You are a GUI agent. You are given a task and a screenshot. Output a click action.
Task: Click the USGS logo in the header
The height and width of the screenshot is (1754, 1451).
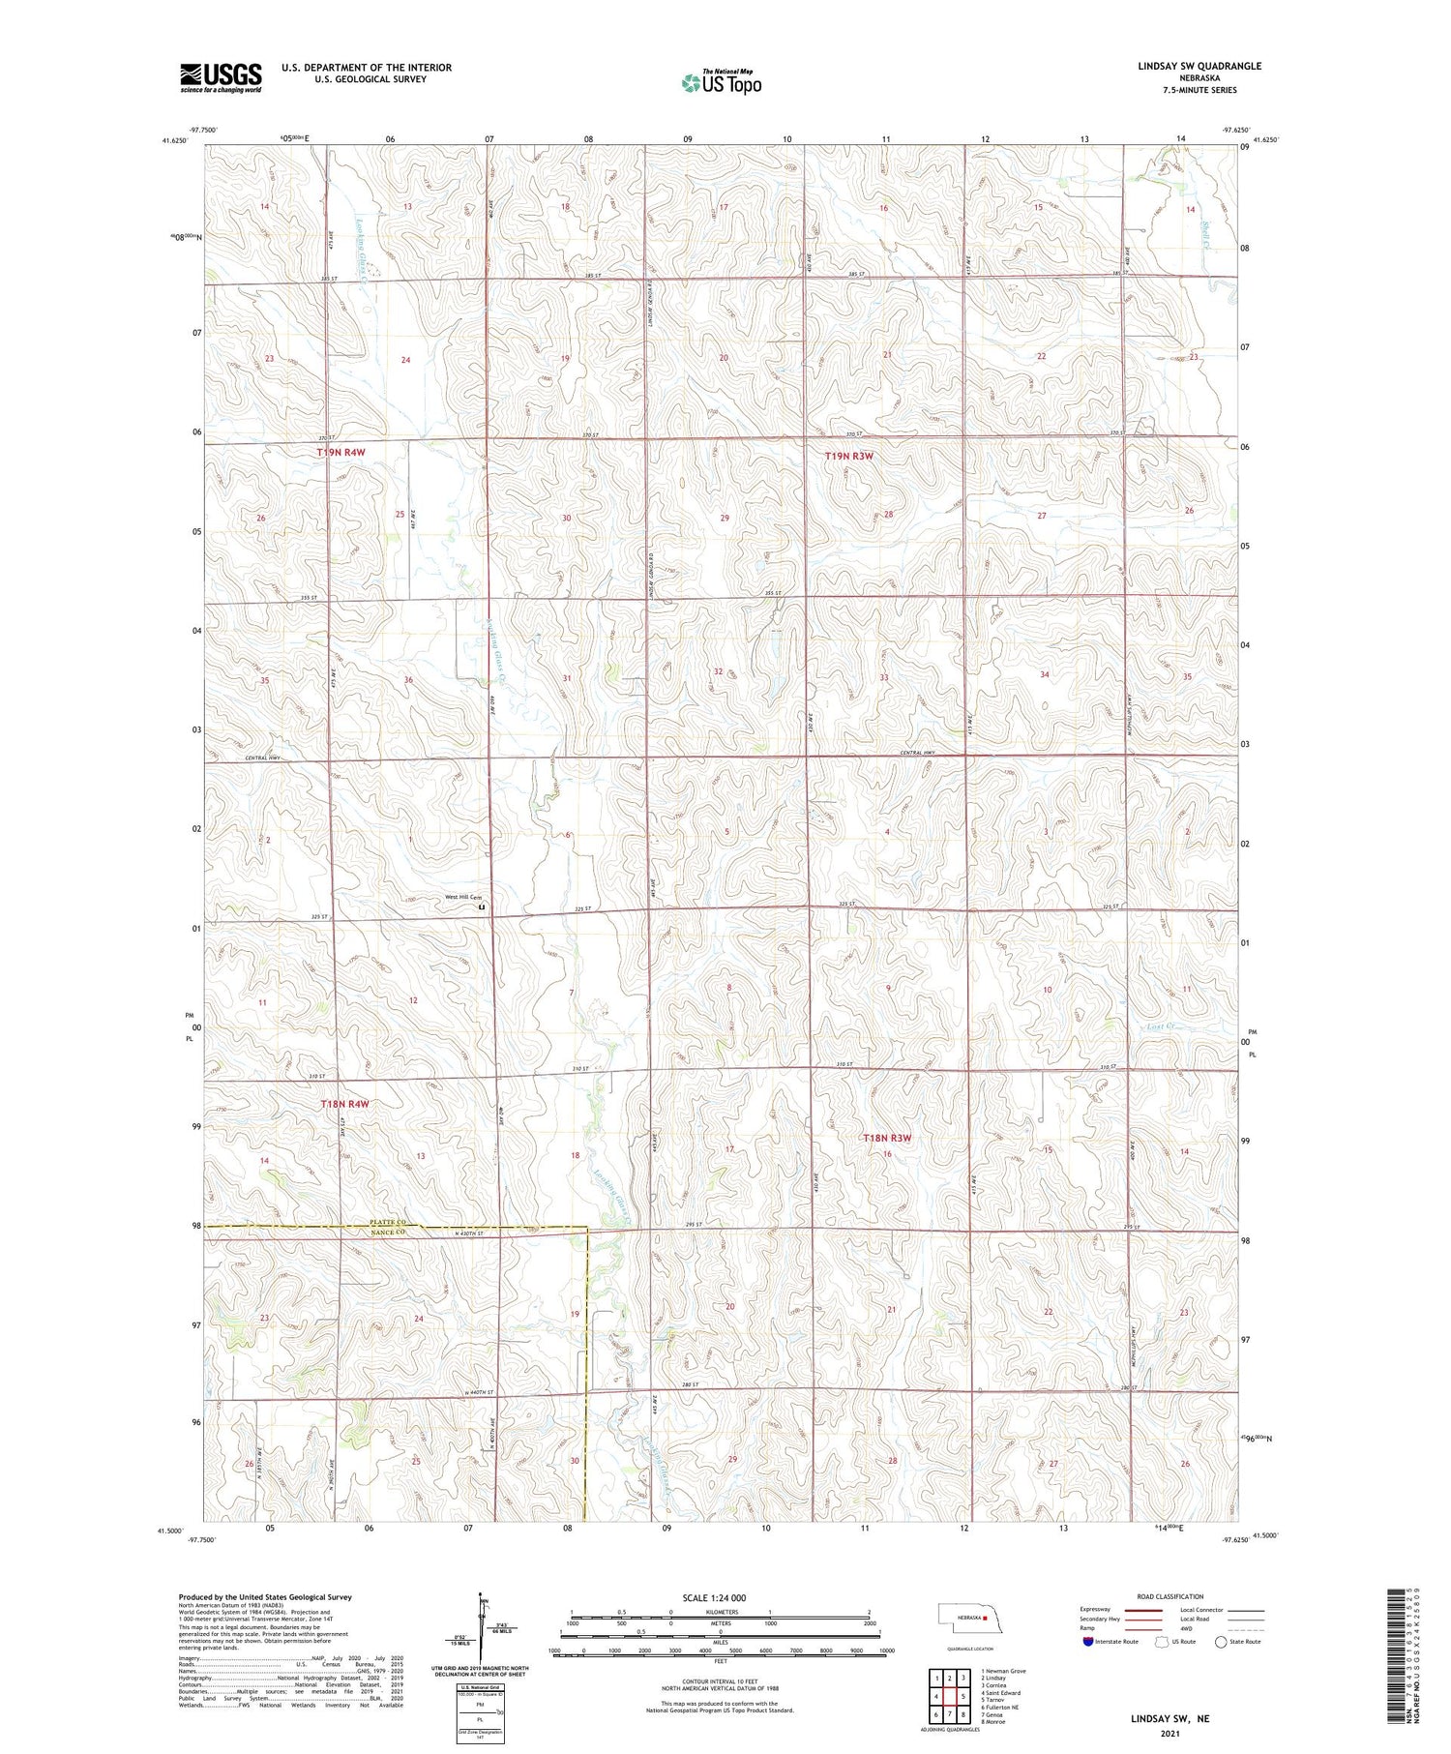221,77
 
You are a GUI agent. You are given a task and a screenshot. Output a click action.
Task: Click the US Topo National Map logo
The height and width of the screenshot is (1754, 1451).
721,82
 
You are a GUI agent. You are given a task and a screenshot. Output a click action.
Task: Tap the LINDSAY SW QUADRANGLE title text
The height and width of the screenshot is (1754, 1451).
1199,66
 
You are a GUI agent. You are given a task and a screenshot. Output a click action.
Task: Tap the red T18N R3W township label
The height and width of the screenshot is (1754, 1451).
887,1138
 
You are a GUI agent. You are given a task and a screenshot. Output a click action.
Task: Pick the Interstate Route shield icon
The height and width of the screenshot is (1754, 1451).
1088,1641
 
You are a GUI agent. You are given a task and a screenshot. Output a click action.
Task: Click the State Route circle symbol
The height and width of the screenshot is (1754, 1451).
1221,1641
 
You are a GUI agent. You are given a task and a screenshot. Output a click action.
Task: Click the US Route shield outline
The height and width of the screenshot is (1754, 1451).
1163,1641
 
